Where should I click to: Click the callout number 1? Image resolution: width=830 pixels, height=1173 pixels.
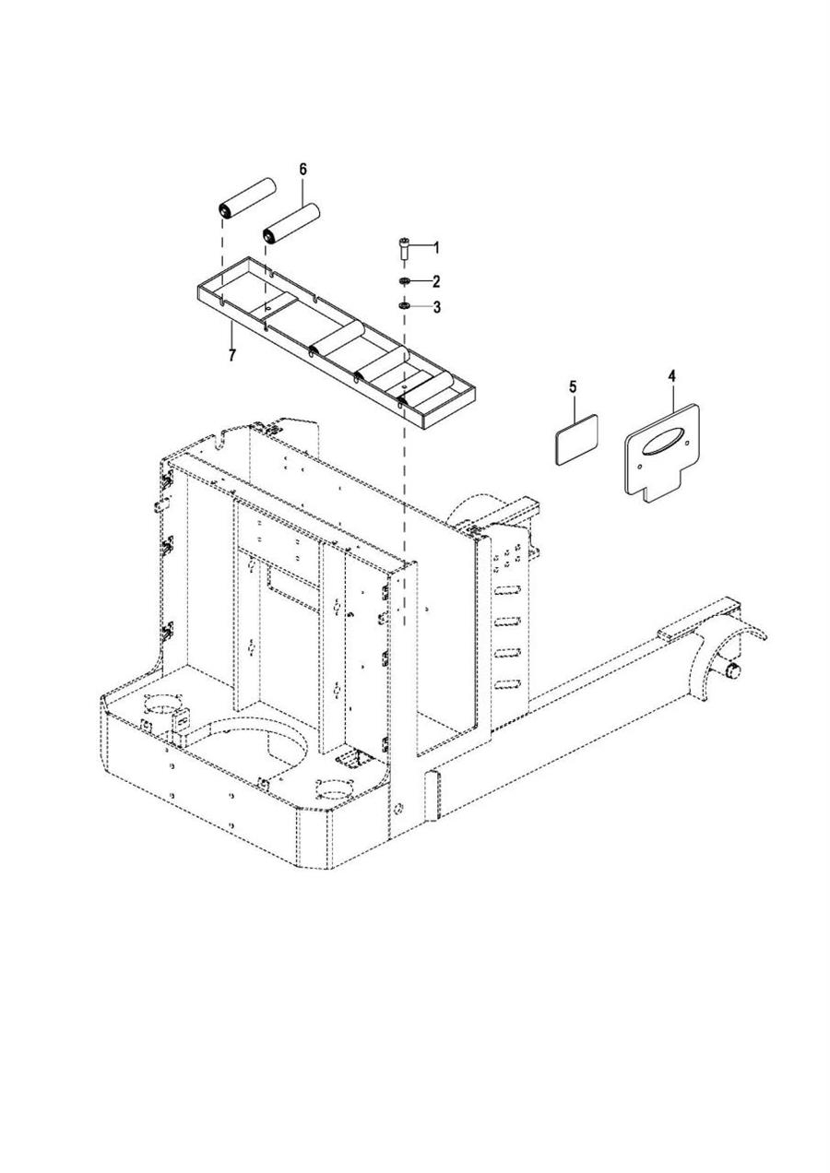pyautogui.click(x=436, y=247)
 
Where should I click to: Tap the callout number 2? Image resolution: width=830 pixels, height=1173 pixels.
pyautogui.click(x=436, y=281)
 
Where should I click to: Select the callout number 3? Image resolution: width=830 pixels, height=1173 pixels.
pyautogui.click(x=436, y=307)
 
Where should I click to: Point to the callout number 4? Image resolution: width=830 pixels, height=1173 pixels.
pyautogui.click(x=671, y=376)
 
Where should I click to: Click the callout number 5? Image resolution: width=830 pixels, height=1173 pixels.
pyautogui.click(x=572, y=386)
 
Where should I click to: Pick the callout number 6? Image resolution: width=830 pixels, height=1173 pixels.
pyautogui.click(x=302, y=170)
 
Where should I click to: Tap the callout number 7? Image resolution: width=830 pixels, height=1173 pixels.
pyautogui.click(x=231, y=354)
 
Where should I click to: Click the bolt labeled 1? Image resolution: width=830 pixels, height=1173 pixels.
pyautogui.click(x=404, y=247)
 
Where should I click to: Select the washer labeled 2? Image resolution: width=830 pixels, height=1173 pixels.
pyautogui.click(x=404, y=281)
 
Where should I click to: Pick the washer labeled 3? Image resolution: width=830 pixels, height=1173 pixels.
pyautogui.click(x=404, y=306)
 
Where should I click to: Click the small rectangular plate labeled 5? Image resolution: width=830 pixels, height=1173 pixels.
pyautogui.click(x=575, y=440)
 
